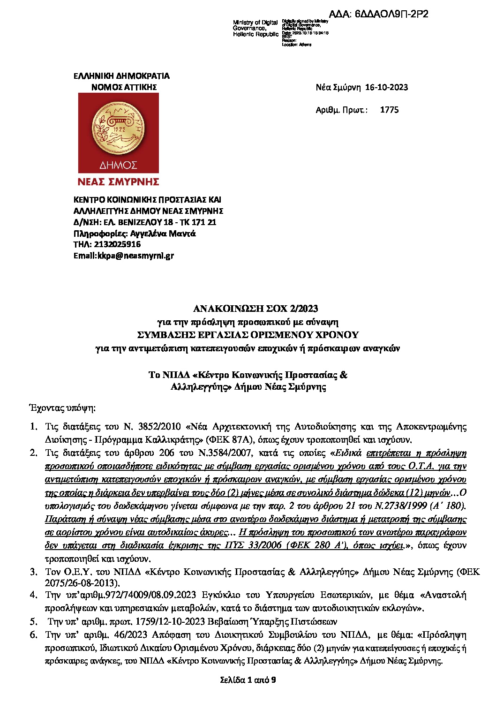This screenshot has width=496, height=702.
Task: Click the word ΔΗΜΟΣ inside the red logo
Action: pos(118,165)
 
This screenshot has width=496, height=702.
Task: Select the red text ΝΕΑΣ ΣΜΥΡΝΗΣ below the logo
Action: pos(118,182)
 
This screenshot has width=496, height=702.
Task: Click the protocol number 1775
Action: pos(389,110)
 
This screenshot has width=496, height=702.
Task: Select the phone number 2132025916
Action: pos(117,244)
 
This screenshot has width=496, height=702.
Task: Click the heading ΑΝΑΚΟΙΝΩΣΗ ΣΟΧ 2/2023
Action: pos(256,309)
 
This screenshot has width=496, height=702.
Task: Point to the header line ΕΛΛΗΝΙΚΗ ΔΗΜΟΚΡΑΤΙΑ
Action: pos(121,76)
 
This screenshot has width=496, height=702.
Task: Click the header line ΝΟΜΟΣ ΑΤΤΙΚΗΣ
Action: pos(124,87)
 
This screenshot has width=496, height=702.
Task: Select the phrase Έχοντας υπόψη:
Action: pos(62,408)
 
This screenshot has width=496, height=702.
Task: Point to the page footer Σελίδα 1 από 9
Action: pos(248,679)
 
